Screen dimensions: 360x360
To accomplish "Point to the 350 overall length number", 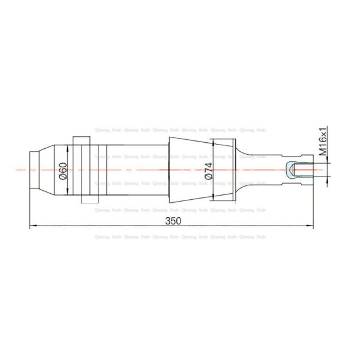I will click(x=173, y=221).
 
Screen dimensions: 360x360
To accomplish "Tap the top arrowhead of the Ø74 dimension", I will click(x=213, y=143).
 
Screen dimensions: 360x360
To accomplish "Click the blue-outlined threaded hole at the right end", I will click(x=298, y=170).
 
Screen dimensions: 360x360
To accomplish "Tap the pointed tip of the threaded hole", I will click(x=289, y=170).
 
